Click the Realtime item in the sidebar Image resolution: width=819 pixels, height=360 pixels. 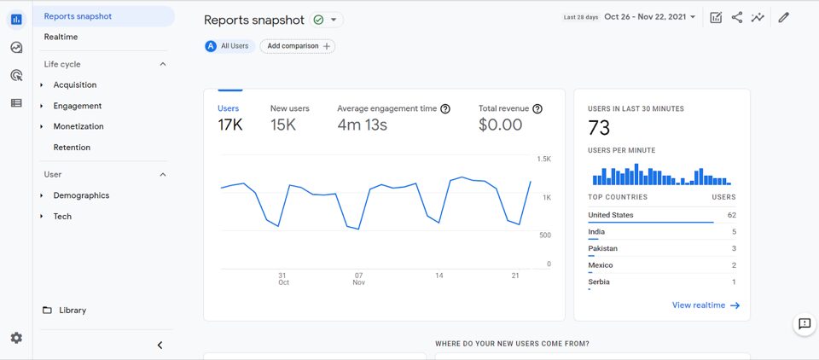pyautogui.click(x=61, y=37)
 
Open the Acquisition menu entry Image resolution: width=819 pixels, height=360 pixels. pyautogui.click(x=75, y=85)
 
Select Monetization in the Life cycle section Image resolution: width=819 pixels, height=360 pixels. pyautogui.click(x=78, y=126)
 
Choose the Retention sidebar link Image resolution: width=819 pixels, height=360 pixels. pyautogui.click(x=72, y=148)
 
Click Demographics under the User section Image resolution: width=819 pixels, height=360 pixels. pyautogui.click(x=81, y=195)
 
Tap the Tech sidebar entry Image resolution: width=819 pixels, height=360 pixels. pyautogui.click(x=62, y=217)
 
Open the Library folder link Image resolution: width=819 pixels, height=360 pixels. pyautogui.click(x=72, y=311)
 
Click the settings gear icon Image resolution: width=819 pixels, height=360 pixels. pyautogui.click(x=16, y=338)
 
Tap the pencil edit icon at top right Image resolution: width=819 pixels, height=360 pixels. pyautogui.click(x=783, y=17)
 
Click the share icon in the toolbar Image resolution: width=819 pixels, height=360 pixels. pyautogui.click(x=737, y=17)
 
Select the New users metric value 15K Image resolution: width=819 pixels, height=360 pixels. pyautogui.click(x=283, y=125)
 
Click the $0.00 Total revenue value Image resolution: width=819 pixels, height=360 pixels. pyautogui.click(x=500, y=125)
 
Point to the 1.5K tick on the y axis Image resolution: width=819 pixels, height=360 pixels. pyautogui.click(x=543, y=160)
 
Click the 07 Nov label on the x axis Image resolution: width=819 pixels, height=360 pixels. pyautogui.click(x=359, y=279)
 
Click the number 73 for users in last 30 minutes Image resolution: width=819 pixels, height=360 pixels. pyautogui.click(x=599, y=129)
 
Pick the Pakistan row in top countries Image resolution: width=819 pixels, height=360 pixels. pyautogui.click(x=602, y=248)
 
